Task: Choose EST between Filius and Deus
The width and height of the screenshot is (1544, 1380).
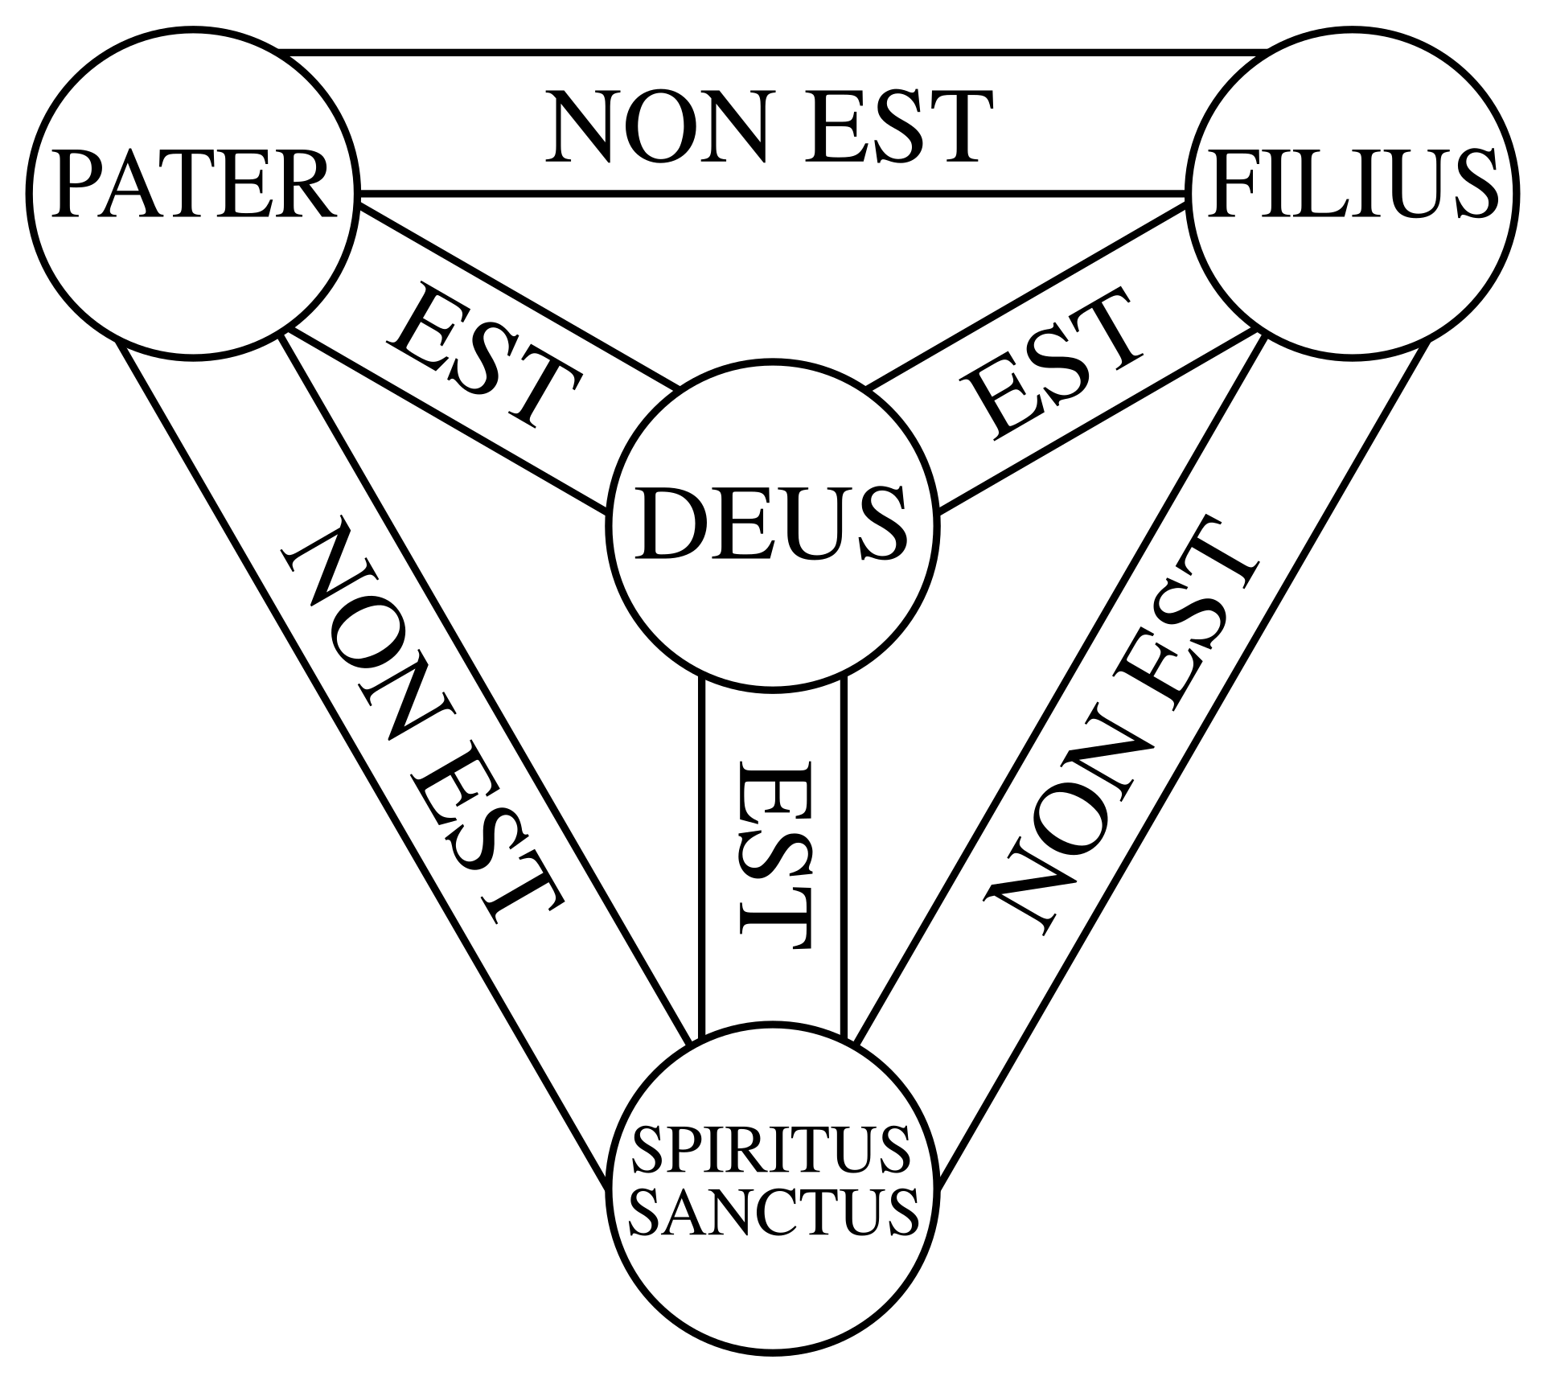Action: click(x=1053, y=366)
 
